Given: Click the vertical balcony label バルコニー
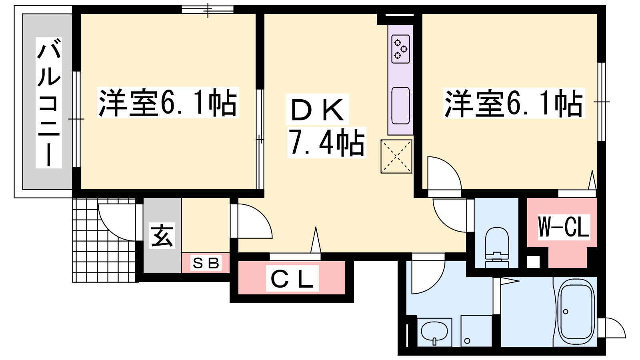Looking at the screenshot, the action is [48, 102].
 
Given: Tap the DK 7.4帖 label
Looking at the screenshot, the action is [326, 126].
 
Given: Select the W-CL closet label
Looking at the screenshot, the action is [564, 227].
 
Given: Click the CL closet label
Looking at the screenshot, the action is [292, 278].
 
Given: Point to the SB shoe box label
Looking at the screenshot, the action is [206, 263].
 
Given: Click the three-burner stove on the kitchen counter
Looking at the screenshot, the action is [400, 49].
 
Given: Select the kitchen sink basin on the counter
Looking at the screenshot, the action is [400, 106].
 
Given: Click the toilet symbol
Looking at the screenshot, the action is [497, 247].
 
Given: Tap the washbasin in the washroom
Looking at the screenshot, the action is [434, 332].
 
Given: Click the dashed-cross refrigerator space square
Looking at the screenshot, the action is [396, 156].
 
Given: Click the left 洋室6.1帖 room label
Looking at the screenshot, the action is [168, 103].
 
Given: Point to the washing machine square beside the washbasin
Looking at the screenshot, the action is [476, 331].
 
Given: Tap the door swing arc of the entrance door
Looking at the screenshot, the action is [110, 229].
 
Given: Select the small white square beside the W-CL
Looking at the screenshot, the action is [533, 262].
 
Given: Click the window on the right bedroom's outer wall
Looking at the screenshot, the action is [602, 102].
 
